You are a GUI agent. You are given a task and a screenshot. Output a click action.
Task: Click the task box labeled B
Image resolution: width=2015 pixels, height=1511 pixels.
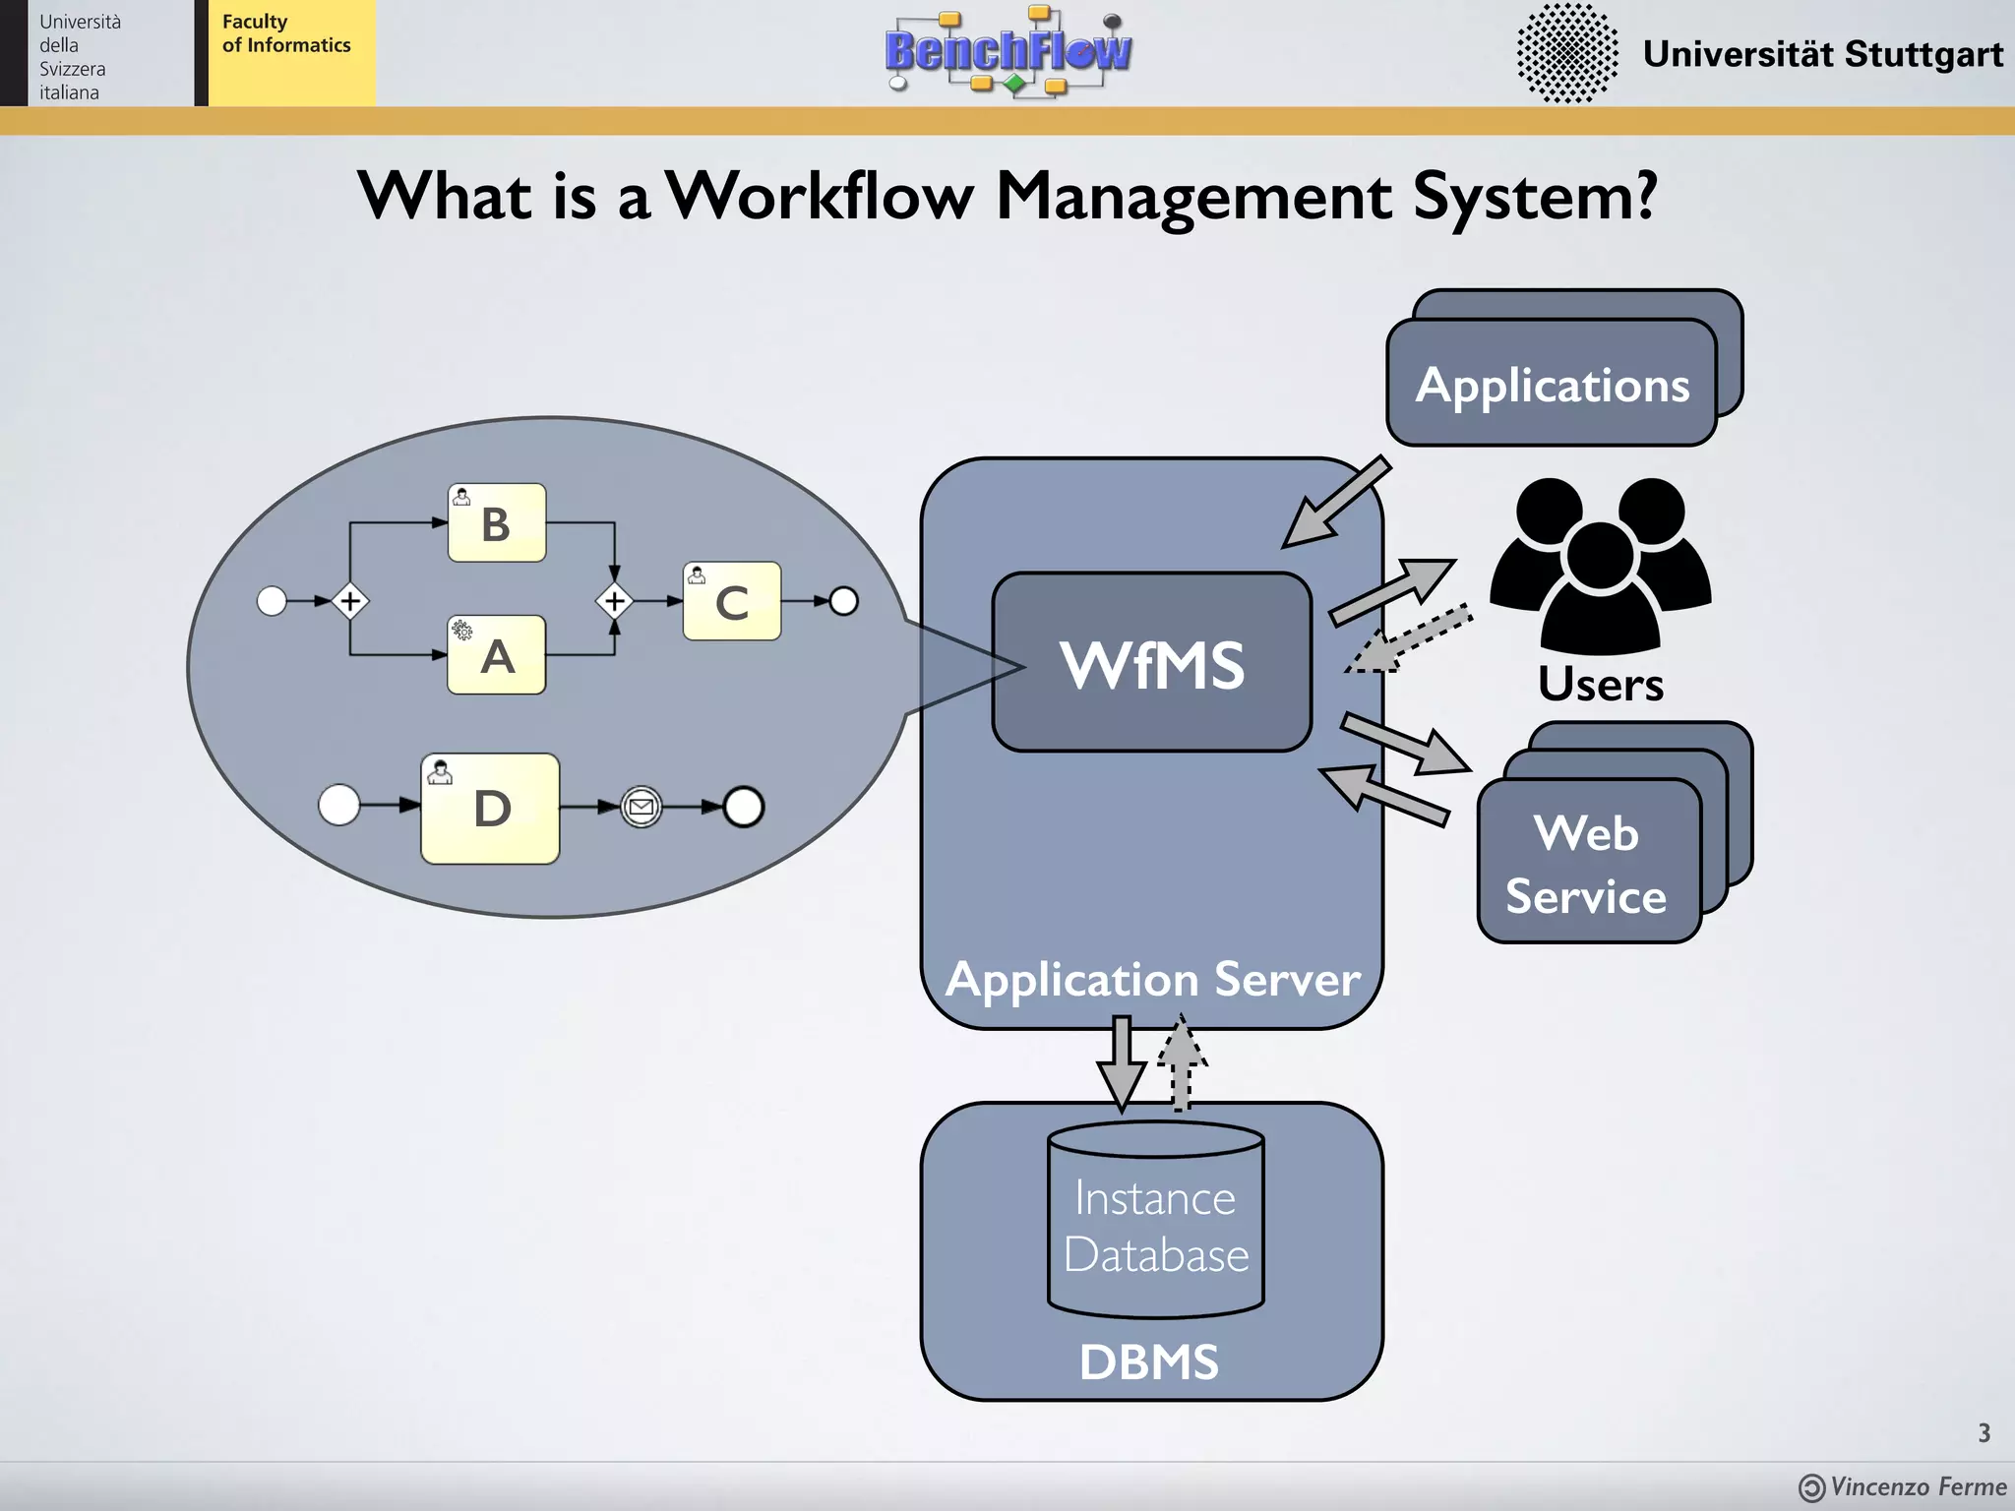[x=497, y=522]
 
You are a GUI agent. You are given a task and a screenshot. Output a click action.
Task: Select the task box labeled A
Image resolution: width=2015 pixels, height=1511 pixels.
[x=497, y=655]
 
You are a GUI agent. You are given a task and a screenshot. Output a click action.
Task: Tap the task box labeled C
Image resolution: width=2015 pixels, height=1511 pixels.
[x=732, y=601]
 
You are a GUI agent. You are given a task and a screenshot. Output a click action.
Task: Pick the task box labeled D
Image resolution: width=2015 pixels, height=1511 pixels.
[x=490, y=809]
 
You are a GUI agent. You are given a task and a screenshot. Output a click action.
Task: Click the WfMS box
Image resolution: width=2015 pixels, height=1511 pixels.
[x=1152, y=662]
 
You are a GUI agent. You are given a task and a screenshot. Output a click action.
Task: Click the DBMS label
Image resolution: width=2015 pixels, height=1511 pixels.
[x=1149, y=1362]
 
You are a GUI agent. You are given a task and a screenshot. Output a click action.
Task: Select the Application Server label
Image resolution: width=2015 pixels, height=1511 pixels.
[x=1153, y=980]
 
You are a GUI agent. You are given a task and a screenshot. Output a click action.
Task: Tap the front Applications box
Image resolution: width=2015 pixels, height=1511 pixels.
[x=1552, y=384]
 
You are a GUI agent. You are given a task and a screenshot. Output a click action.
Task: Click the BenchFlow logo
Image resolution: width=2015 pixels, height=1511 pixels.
[x=1008, y=51]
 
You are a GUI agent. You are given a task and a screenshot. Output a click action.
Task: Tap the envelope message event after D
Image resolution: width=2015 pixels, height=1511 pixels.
[x=641, y=808]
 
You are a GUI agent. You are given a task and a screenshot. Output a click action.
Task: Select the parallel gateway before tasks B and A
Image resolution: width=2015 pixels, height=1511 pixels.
[x=350, y=601]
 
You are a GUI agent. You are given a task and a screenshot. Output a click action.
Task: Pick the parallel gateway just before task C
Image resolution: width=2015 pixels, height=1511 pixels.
[x=615, y=601]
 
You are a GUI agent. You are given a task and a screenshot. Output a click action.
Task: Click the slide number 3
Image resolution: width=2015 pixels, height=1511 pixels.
[x=1984, y=1433]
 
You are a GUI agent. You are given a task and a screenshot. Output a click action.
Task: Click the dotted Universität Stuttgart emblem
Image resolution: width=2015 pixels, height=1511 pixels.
[x=1567, y=53]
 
